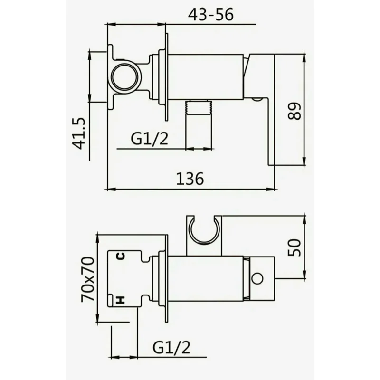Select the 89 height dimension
[x=295, y=111]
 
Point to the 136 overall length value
[x=190, y=179]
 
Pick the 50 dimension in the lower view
[x=295, y=247]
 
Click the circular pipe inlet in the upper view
[x=125, y=76]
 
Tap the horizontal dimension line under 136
[x=190, y=189]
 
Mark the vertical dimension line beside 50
[x=304, y=247]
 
